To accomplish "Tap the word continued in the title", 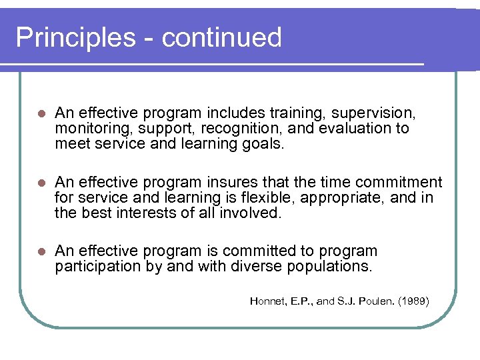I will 222,37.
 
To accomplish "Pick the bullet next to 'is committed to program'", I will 41,252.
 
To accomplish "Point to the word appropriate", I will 355,197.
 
